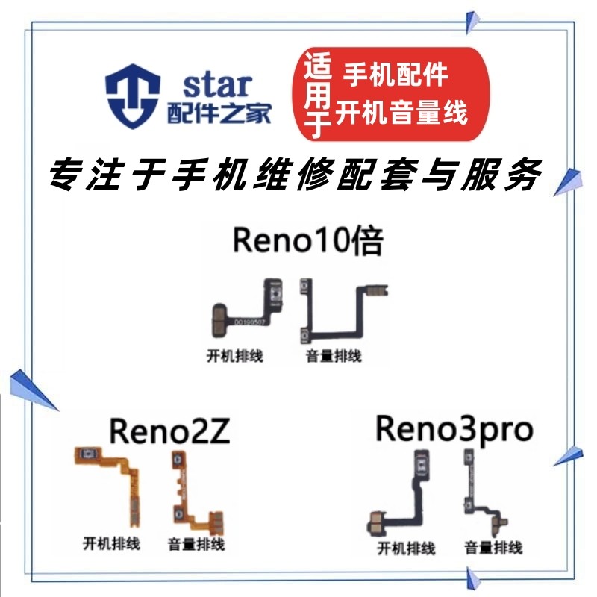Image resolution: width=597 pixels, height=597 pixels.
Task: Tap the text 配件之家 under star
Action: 217,113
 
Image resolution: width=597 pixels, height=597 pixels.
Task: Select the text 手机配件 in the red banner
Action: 396,75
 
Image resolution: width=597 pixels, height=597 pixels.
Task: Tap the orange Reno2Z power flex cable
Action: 109,485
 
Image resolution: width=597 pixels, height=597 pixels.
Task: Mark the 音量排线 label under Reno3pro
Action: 493,548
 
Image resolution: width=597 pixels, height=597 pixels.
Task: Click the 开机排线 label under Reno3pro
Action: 406,549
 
